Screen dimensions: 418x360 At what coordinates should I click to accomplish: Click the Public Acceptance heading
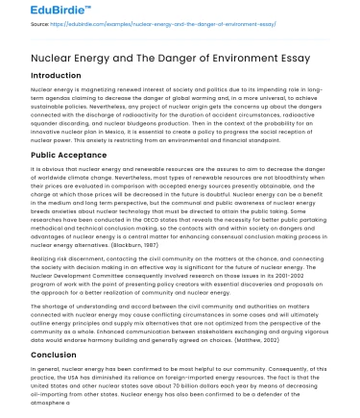pos(54,153)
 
